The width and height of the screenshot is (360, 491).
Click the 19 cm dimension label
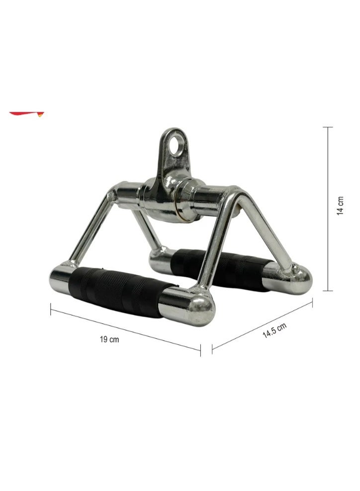109,339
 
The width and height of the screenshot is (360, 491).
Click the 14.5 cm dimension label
274,330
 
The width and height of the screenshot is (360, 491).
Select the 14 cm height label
340,206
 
